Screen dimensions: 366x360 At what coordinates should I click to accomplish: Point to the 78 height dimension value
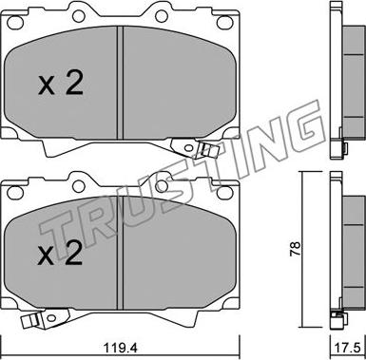pyautogui.click(x=295, y=249)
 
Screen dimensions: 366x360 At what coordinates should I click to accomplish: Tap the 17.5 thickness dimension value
pyautogui.click(x=348, y=349)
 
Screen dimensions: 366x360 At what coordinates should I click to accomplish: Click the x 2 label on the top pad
pyautogui.click(x=61, y=83)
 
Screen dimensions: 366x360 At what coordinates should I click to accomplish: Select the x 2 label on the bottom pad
pyautogui.click(x=60, y=254)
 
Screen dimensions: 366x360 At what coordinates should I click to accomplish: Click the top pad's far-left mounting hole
pyautogui.click(x=15, y=23)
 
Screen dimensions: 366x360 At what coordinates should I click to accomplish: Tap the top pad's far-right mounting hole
pyautogui.click(x=224, y=22)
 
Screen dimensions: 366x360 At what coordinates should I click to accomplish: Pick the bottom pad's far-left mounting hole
pyautogui.click(x=15, y=193)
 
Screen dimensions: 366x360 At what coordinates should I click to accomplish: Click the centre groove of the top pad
pyautogui.click(x=120, y=83)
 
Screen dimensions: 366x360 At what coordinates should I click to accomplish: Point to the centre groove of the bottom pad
pyautogui.click(x=120, y=254)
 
